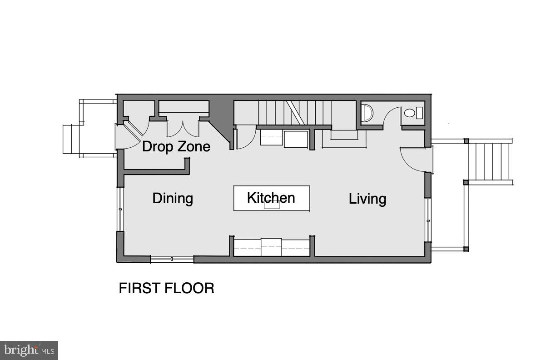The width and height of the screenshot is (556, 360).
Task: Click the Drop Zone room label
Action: pyautogui.click(x=176, y=147)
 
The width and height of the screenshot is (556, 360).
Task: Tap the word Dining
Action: pyautogui.click(x=173, y=199)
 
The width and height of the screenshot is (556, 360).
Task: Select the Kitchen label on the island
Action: pyautogui.click(x=271, y=198)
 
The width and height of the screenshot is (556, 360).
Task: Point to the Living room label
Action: pyautogui.click(x=367, y=199)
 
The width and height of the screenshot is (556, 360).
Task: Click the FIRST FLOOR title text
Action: pyautogui.click(x=166, y=288)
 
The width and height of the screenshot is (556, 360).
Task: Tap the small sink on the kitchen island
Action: pyautogui.click(x=272, y=205)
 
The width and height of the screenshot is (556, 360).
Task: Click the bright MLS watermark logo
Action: pyautogui.click(x=29, y=350)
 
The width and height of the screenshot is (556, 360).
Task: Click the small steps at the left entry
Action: pyautogui.click(x=71, y=139)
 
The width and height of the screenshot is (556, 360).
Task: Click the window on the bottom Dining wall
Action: pyautogui.click(x=172, y=259)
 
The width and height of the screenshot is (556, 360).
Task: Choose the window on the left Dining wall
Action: pyautogui.click(x=120, y=209)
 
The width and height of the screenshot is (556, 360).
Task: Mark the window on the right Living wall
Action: pyautogui.click(x=428, y=220)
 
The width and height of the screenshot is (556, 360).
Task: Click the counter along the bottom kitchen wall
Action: pyautogui.click(x=272, y=247)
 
